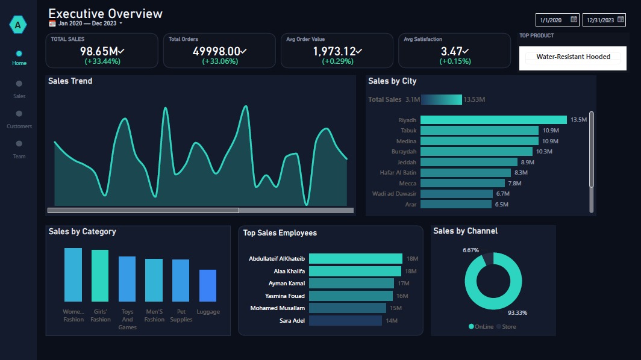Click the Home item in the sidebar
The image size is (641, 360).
click(19, 58)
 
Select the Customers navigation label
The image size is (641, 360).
click(19, 126)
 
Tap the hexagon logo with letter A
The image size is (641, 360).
click(18, 25)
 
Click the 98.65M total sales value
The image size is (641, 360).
click(99, 52)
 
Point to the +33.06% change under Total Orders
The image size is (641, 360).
click(220, 61)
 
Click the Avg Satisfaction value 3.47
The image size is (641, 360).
click(451, 52)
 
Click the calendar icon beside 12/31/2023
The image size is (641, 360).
click(621, 19)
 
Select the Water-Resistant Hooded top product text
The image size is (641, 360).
click(573, 57)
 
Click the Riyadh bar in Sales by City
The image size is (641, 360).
click(493, 120)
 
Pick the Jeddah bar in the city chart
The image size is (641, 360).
click(469, 162)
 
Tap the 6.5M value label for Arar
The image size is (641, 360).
click(502, 204)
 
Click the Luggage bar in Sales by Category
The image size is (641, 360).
click(208, 285)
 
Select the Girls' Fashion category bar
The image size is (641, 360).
click(100, 275)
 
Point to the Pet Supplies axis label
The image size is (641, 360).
click(181, 315)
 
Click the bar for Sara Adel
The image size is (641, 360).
click(345, 321)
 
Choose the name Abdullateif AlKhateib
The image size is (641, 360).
click(277, 259)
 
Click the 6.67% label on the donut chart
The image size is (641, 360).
click(471, 250)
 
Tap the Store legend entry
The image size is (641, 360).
click(506, 326)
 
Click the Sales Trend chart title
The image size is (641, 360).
click(70, 81)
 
